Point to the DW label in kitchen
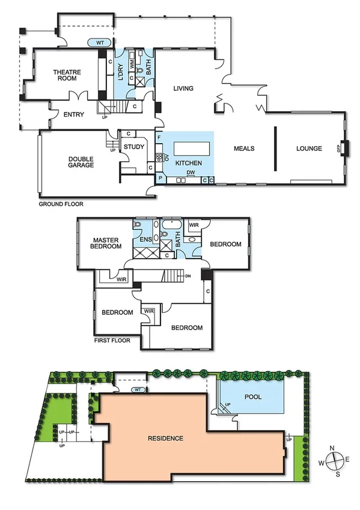pos(191,173)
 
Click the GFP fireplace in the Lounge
pos(341,149)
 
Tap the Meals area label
pos(245,149)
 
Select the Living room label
pos(183,88)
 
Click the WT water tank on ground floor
pos(99,43)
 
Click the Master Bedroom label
pos(106,243)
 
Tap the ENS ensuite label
pos(144,241)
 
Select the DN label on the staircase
pos(188,276)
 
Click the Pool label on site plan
pos(254,398)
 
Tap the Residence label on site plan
pos(165,438)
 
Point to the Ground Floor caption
pos(61,204)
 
